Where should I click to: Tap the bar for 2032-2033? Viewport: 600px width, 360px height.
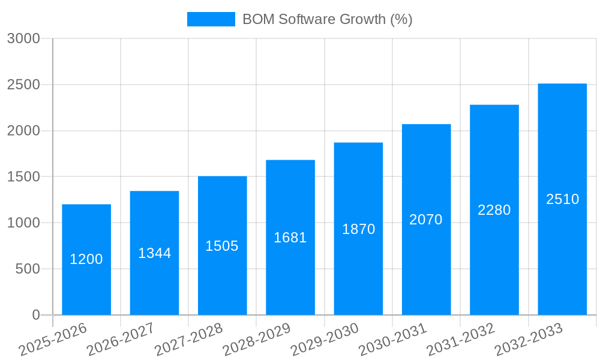pos(562,252)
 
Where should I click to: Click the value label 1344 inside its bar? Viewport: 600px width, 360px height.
pos(155,253)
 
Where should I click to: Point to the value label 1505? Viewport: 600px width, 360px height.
pos(222,246)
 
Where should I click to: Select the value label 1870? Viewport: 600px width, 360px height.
pos(358,229)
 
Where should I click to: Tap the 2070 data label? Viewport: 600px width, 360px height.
pos(426,220)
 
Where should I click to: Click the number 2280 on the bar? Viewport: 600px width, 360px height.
pos(494,210)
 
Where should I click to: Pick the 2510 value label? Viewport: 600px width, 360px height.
pos(562,199)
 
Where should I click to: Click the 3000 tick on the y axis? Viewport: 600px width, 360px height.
pos(23,39)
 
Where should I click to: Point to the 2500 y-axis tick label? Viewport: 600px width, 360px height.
pos(23,85)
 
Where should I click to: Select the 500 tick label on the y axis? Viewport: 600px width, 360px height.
pos(28,269)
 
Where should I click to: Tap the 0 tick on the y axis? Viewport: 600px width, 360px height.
pos(35,315)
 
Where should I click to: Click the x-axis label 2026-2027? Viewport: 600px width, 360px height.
pos(121,339)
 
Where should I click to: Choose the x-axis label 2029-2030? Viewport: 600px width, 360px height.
pos(325,339)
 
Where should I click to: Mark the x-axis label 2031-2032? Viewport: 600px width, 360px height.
pos(461,339)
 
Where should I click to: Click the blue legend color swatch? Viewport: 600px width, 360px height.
pos(211,19)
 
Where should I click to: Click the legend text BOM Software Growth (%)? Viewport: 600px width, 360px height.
pos(327,19)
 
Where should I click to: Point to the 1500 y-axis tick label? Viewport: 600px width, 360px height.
pos(23,177)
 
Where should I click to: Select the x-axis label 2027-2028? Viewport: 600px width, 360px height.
pos(188,339)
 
